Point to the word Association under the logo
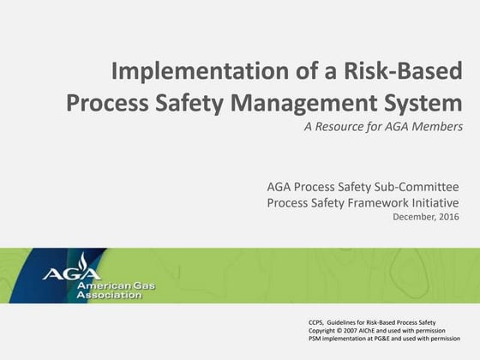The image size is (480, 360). pyautogui.click(x=109, y=295)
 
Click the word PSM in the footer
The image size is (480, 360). pyautogui.click(x=316, y=338)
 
